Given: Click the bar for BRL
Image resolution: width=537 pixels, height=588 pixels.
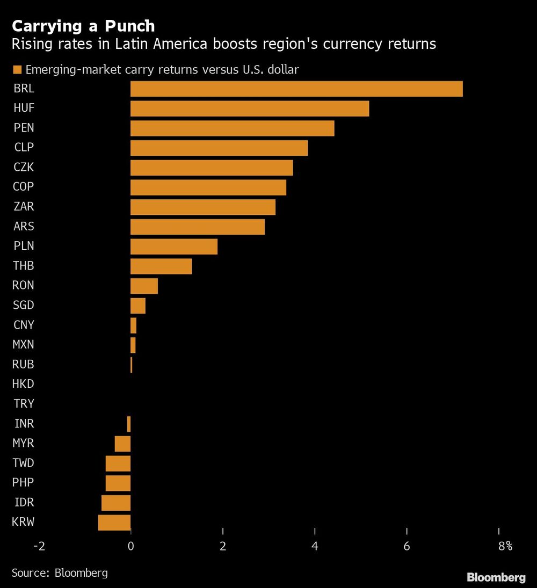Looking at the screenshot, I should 296,89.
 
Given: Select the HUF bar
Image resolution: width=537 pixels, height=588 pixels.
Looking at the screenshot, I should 250,108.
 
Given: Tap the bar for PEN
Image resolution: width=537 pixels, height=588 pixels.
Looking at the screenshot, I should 232,128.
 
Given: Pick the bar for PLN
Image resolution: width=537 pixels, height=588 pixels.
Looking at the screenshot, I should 174,246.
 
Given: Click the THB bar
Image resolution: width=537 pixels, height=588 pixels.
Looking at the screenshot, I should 161,266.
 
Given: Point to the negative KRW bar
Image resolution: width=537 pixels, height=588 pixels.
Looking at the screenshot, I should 114,522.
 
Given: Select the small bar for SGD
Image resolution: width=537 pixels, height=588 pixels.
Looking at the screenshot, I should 138,306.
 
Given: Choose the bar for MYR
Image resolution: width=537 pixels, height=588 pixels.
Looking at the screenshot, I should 123,444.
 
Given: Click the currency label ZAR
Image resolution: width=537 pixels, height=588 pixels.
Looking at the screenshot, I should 24,207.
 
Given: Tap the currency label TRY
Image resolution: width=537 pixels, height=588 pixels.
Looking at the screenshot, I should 24,404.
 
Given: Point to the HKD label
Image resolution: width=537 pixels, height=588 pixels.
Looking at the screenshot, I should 24,384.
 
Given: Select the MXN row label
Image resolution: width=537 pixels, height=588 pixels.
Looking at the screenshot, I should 24,345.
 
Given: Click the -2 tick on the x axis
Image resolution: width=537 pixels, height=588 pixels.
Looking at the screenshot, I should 39,547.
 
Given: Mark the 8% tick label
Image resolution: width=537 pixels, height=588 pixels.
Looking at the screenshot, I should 505,547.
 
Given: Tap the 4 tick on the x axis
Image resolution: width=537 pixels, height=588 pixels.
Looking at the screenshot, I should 315,547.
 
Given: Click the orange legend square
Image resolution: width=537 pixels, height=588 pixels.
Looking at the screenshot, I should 17,69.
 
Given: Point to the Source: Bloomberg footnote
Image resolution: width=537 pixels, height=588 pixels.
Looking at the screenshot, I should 60,572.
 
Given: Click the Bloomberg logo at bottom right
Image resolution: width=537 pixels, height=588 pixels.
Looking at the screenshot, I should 496,577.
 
